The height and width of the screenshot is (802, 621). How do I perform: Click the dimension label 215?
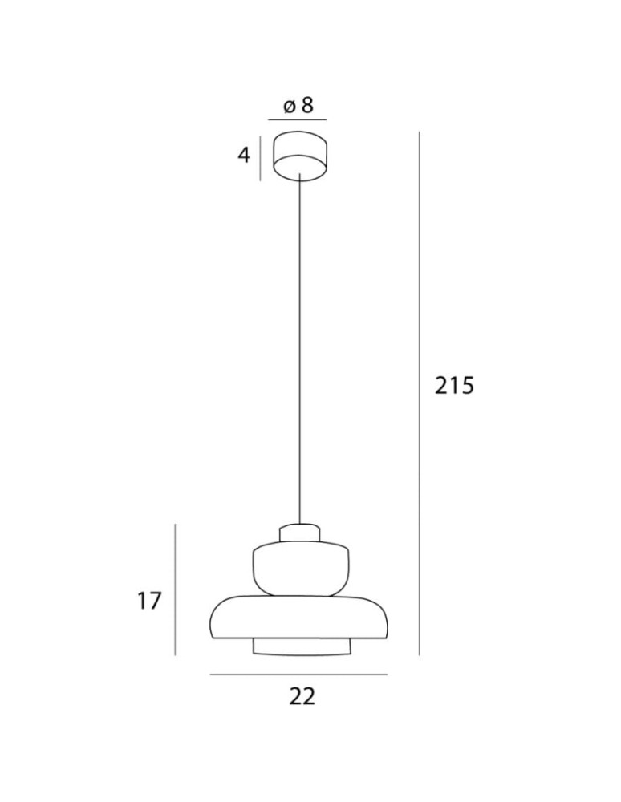tap(455, 386)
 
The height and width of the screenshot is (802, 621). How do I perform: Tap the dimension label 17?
tap(148, 600)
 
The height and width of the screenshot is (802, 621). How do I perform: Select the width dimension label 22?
tap(302, 696)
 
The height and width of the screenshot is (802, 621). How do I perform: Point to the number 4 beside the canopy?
tap(244, 154)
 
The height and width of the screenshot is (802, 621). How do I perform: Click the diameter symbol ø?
tap(290, 106)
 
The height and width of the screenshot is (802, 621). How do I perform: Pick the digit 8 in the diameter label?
tap(308, 105)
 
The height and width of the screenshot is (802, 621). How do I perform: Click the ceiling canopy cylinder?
tap(299, 155)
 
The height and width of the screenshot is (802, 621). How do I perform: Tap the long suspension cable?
tap(299, 353)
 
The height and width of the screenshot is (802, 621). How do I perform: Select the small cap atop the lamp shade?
tap(300, 533)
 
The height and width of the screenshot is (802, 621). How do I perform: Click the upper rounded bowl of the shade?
tap(301, 569)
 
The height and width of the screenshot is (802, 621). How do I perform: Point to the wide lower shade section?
tap(301, 618)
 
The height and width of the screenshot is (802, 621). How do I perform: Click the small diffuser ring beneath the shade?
tap(301, 646)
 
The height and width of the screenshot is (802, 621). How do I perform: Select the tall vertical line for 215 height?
tap(420, 393)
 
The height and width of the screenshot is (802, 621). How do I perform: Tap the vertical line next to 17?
tap(175, 589)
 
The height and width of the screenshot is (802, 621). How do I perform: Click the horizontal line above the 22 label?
tap(298, 674)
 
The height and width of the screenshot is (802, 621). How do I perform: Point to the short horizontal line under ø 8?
tap(298, 120)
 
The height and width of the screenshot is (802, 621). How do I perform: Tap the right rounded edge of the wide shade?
tap(388, 618)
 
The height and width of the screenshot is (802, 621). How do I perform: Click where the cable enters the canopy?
tap(299, 173)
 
